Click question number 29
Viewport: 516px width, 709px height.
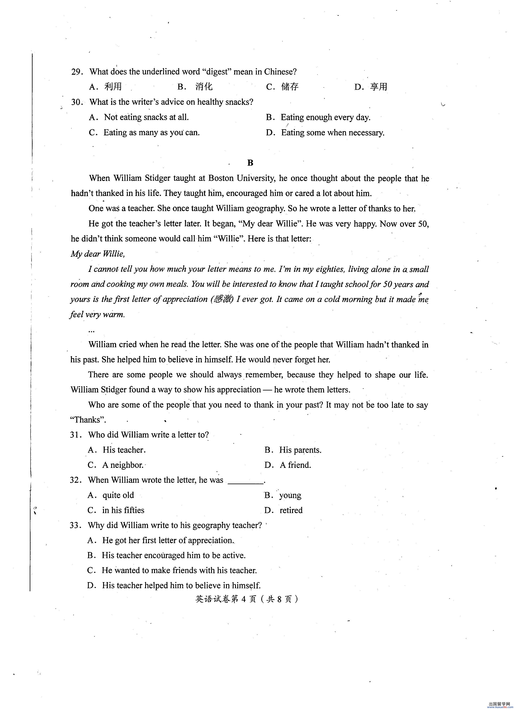click(76, 72)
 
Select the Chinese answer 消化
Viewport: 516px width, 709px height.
click(204, 87)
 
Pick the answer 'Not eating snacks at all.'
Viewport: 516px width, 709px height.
click(146, 117)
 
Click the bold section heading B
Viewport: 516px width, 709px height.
click(250, 163)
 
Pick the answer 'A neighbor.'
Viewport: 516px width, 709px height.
click(123, 465)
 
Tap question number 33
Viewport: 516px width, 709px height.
click(75, 526)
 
